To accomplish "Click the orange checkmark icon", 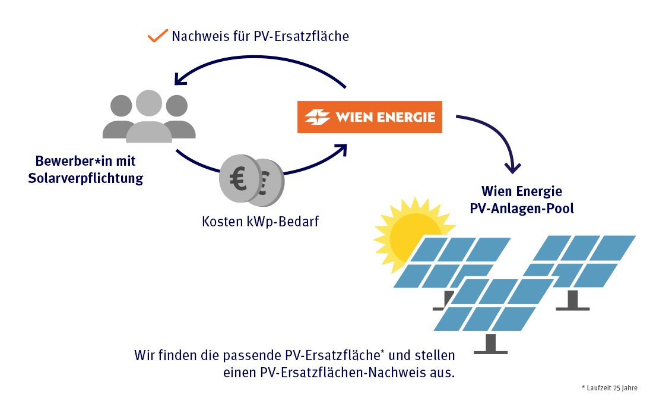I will click(158, 36).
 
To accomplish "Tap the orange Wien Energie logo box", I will click(369, 117).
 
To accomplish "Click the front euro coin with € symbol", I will click(239, 179).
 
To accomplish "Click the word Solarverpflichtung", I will click(85, 178).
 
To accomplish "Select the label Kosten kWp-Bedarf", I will click(260, 222).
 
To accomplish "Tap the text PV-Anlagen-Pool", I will click(522, 209).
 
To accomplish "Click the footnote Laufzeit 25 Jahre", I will click(610, 388).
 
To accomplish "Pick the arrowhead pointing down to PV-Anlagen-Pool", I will click(512, 167).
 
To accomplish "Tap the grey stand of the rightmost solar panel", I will click(573, 301).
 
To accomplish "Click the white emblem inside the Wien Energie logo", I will click(317, 117).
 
